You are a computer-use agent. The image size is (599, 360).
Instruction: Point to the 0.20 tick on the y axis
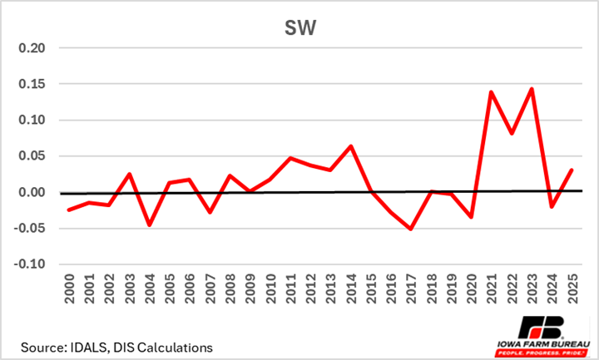point(41,48)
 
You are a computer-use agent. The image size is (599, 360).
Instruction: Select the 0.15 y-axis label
point(41,84)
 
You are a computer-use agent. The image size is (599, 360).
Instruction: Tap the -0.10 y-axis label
point(38,264)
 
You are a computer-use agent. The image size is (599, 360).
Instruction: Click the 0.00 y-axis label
point(41,192)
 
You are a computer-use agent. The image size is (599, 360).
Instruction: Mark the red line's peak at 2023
point(532,88)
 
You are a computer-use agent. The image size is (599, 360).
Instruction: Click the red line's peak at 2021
point(492,91)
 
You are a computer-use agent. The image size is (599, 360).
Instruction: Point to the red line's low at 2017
point(411,229)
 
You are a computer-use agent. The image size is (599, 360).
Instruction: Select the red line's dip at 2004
point(150,225)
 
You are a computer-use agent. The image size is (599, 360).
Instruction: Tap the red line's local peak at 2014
point(351,146)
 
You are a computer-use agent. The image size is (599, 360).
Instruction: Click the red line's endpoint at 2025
point(572,170)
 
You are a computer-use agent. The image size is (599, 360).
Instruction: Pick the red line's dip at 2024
point(552,207)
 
